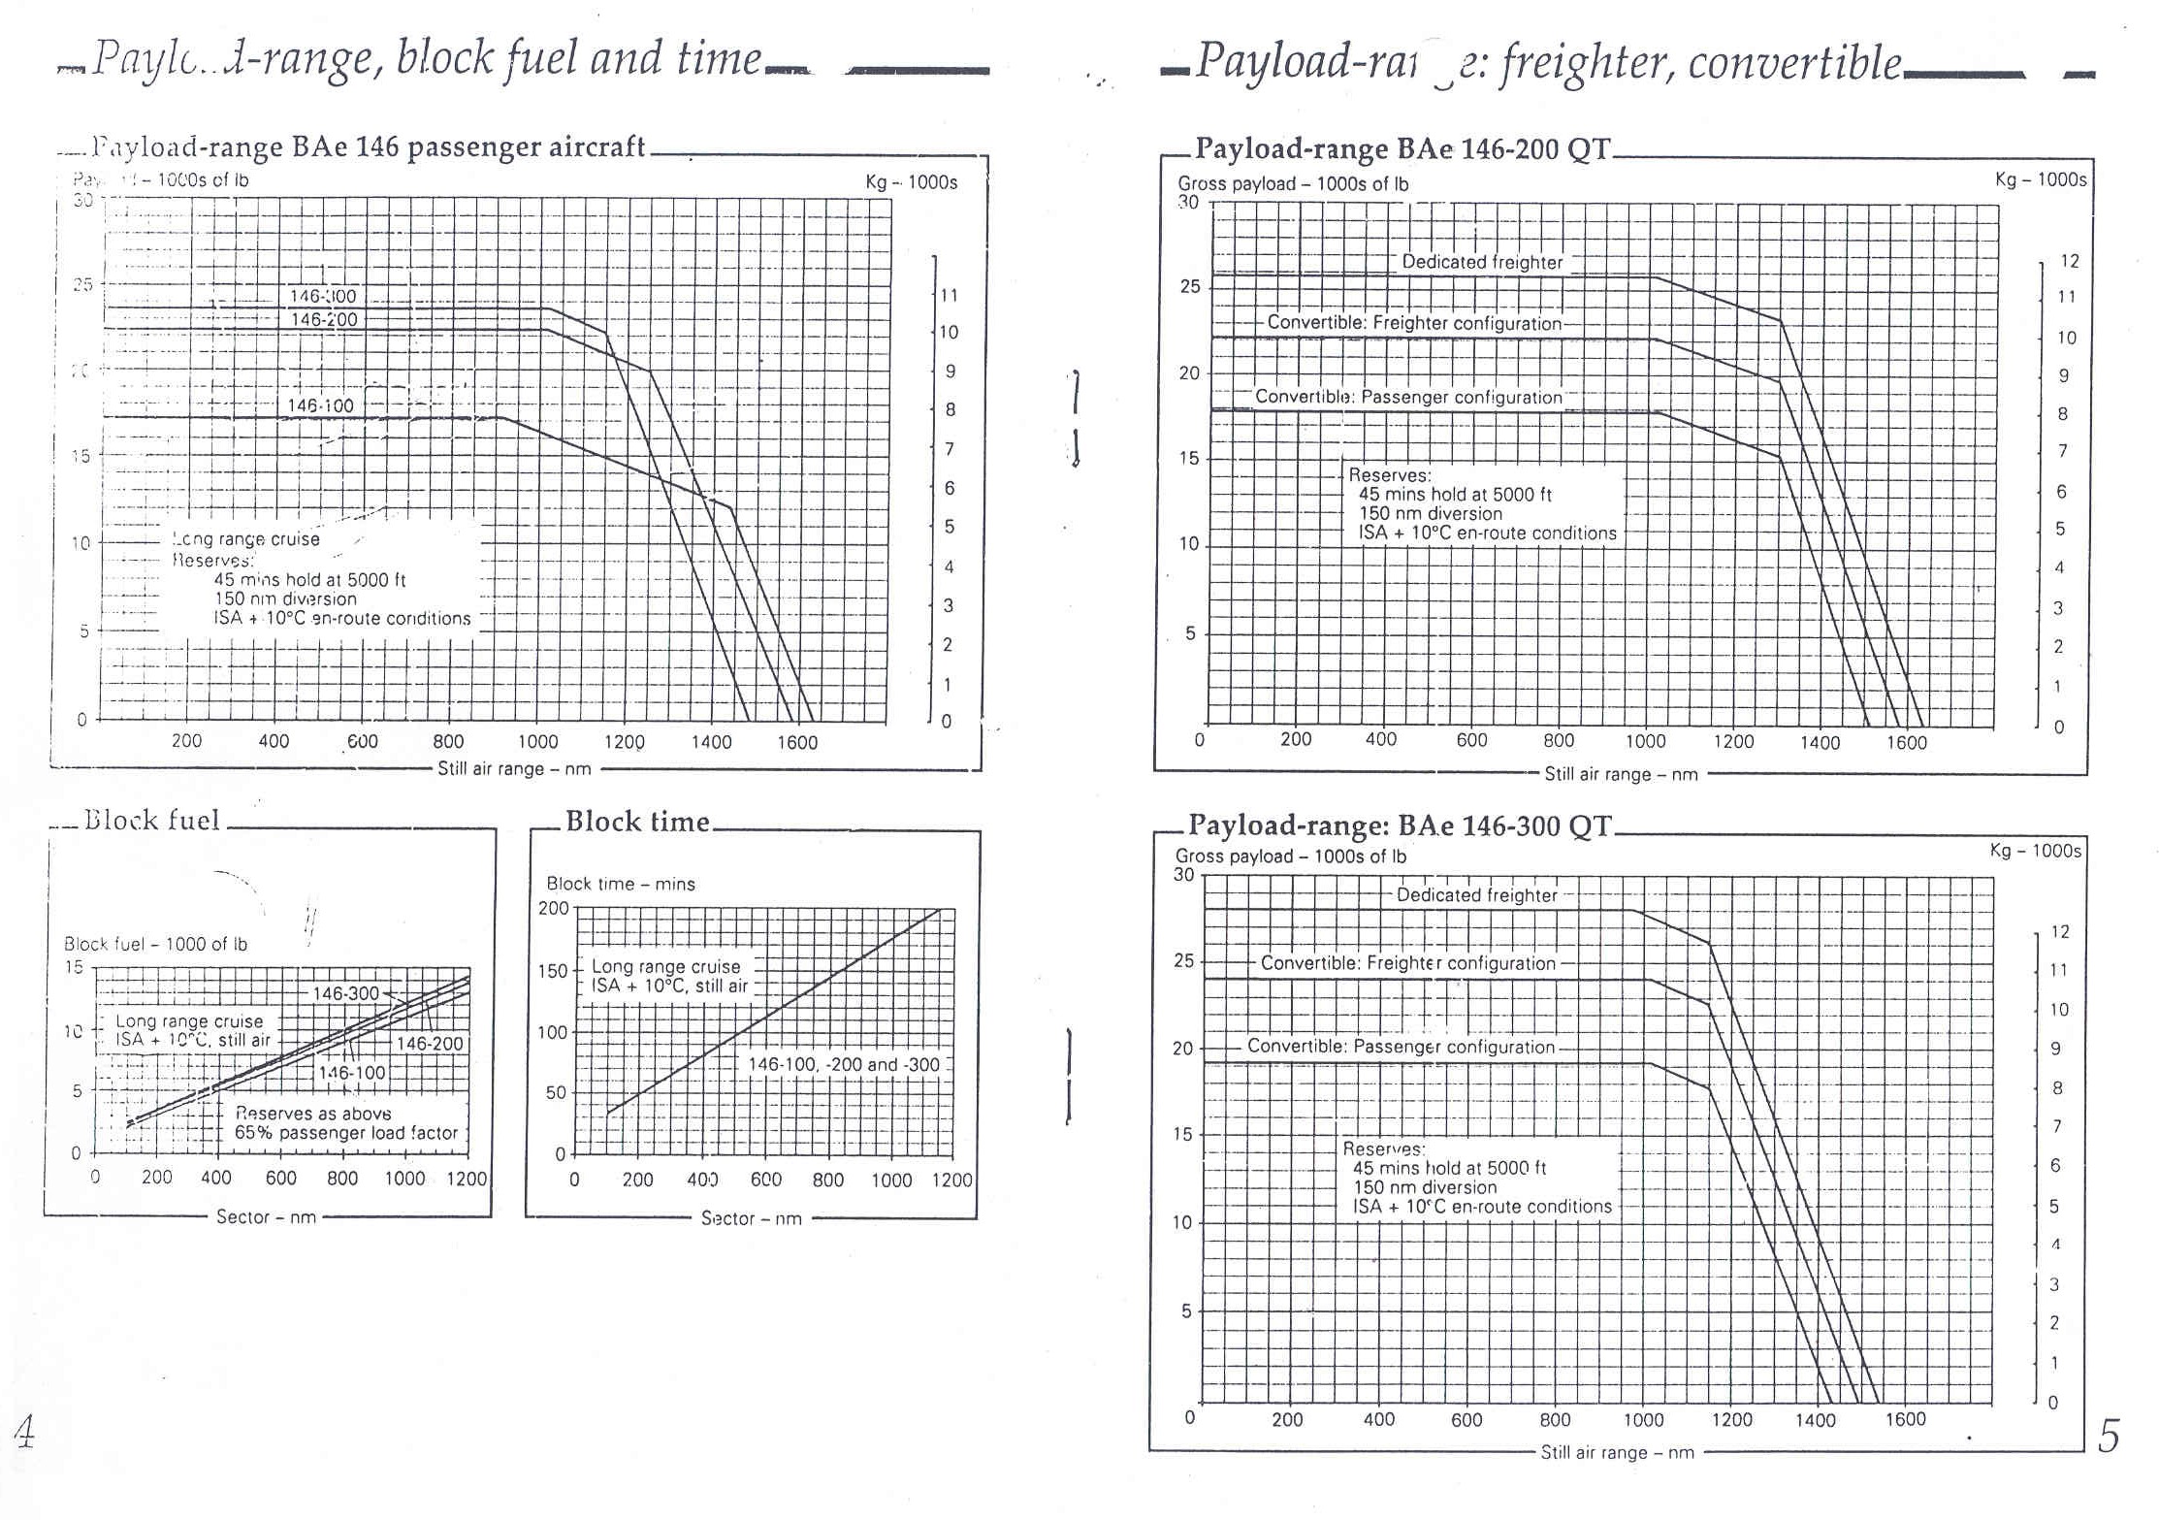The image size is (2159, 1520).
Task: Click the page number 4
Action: (x=24, y=1431)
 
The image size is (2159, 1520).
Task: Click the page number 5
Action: (x=2109, y=1437)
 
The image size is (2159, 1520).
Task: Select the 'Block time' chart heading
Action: (x=637, y=822)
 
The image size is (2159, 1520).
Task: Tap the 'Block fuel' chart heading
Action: (x=152, y=821)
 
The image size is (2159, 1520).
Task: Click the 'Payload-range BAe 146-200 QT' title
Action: (x=1402, y=148)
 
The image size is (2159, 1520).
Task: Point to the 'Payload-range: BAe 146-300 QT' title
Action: (x=1400, y=825)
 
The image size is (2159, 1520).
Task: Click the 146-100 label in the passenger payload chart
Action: (x=320, y=405)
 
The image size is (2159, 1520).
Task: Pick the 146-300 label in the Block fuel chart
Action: (x=345, y=993)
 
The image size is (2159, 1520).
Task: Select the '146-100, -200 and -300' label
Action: (x=844, y=1064)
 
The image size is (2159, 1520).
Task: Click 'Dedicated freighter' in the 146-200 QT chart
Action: (x=1482, y=262)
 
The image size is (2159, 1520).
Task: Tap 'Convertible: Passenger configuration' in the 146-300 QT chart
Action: (x=1401, y=1047)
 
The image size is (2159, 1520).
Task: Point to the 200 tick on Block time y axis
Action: (x=554, y=909)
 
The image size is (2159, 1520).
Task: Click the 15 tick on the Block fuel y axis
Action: (x=74, y=967)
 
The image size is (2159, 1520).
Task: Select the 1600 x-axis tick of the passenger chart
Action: (x=797, y=742)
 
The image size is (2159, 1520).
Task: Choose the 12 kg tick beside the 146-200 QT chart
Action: (x=2069, y=261)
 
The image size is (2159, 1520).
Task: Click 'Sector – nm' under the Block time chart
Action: (x=751, y=1218)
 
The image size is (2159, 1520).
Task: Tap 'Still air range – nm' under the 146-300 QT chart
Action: (x=1617, y=1452)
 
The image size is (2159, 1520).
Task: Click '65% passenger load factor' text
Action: (x=346, y=1133)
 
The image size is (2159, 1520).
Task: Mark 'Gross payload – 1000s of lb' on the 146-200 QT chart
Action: (x=1293, y=183)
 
